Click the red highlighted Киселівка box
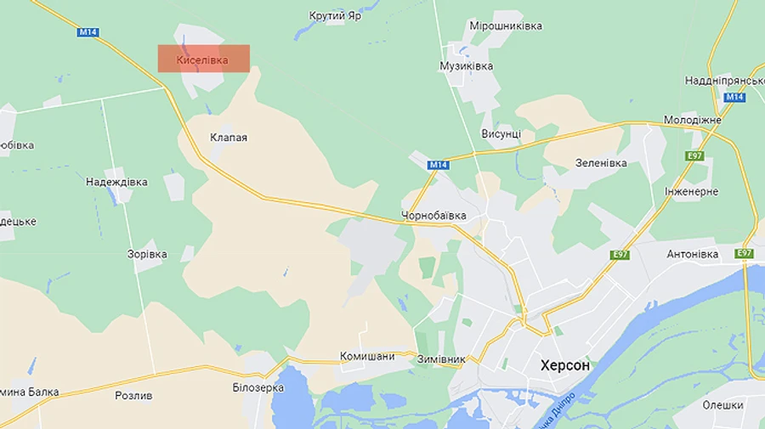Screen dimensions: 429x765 coord(204,59)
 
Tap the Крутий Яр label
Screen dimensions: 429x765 coord(336,16)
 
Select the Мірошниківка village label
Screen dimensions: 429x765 coord(506,26)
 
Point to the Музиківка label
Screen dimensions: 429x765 coord(466,65)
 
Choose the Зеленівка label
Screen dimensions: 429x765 coord(601,163)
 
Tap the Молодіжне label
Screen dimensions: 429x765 coord(692,120)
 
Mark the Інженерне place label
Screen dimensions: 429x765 coord(691,192)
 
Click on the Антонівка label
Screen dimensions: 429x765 coord(692,254)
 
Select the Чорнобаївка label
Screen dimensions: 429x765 coord(433,216)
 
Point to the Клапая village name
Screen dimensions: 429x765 coord(229,137)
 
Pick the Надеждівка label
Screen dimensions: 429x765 coord(116,182)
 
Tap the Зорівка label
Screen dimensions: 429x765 coord(147,254)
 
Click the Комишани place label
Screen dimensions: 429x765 coord(367,357)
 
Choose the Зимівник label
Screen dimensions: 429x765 coord(441,359)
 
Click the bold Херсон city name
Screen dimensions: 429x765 coord(564,365)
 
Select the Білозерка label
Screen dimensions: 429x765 coord(258,387)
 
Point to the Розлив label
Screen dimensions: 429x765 coord(133,396)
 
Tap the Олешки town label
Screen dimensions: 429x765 coord(722,405)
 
